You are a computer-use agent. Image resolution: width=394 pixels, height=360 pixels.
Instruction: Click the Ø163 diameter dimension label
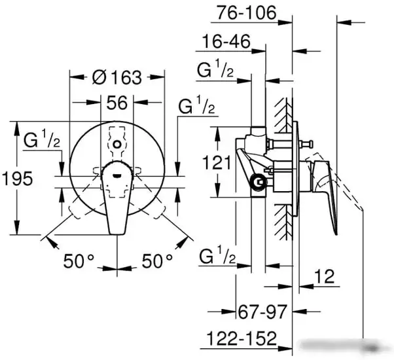[117, 77]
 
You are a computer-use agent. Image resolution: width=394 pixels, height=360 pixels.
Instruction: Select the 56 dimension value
[117, 103]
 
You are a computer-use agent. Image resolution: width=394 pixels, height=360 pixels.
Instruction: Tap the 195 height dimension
[18, 179]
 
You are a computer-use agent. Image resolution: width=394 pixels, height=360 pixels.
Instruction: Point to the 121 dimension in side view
[217, 162]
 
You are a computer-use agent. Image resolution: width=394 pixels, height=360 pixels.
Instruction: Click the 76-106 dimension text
[247, 12]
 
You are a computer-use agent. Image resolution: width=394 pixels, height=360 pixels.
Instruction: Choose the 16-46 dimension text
[226, 41]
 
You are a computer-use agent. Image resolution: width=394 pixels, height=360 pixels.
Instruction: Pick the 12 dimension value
[325, 276]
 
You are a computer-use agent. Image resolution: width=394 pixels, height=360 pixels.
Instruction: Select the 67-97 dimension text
[262, 312]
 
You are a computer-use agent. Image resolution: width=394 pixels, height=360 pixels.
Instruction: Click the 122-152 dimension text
[242, 338]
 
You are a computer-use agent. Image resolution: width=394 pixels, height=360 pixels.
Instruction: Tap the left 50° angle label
[79, 261]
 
